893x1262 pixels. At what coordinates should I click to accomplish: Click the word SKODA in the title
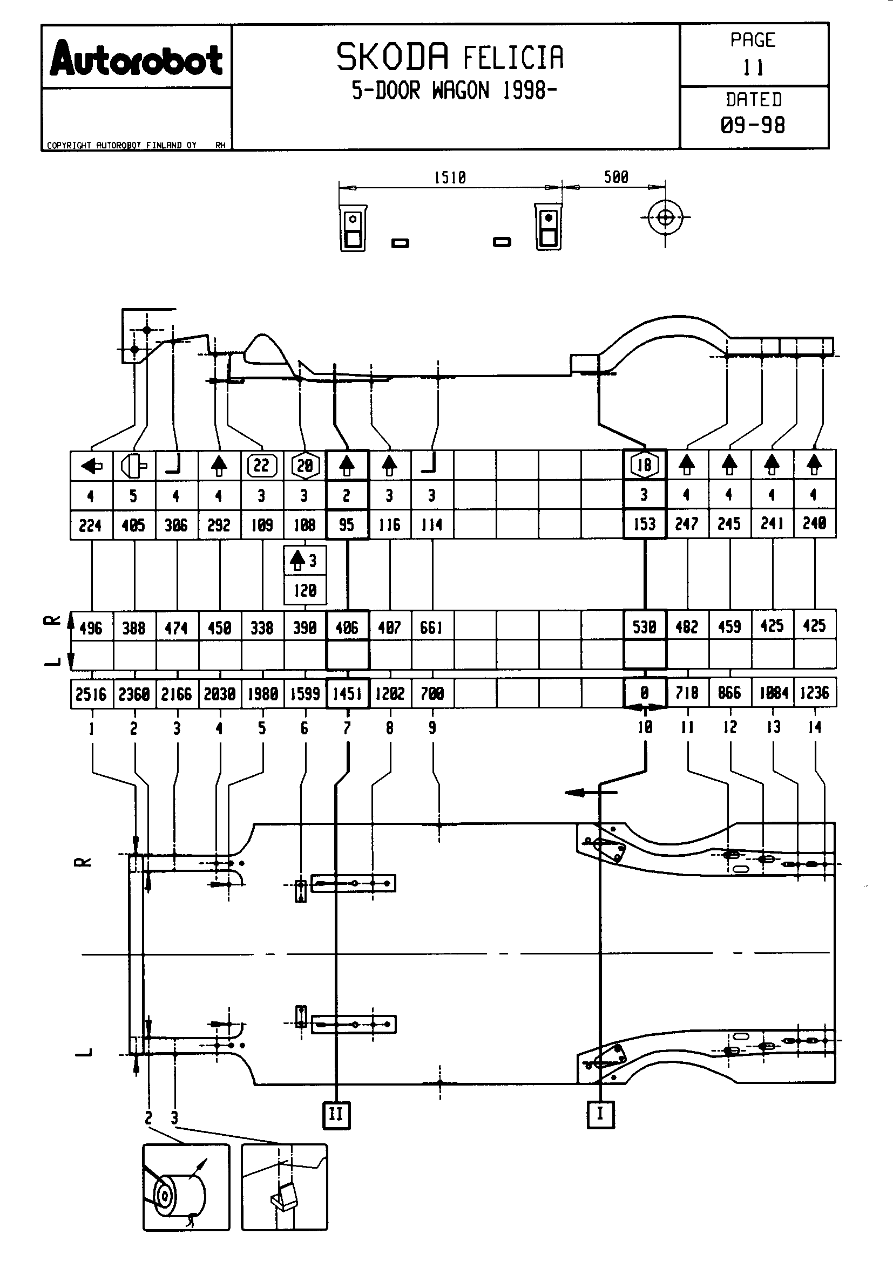click(393, 57)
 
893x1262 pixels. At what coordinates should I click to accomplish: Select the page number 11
click(753, 68)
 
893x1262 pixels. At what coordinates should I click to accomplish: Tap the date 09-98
click(753, 125)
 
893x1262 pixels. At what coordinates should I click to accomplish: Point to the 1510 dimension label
click(450, 178)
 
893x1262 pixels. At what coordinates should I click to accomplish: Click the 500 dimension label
click(616, 177)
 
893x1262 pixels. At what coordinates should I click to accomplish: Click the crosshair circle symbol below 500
click(665, 217)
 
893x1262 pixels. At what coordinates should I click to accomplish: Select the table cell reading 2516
click(91, 694)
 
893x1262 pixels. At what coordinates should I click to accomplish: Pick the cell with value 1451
click(347, 694)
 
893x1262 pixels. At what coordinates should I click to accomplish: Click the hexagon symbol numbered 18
click(645, 466)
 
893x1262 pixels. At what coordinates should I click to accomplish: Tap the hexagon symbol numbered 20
click(305, 466)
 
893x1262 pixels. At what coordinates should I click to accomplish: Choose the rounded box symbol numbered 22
click(262, 466)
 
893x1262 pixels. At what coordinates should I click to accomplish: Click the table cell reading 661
click(432, 627)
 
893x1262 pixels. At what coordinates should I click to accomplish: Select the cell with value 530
click(645, 626)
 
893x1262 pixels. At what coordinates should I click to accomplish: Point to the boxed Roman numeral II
click(336, 1115)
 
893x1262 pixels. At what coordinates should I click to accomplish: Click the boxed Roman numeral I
click(600, 1114)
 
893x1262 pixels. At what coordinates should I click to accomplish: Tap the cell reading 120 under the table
click(305, 591)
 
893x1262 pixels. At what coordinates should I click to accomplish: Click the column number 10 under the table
click(645, 727)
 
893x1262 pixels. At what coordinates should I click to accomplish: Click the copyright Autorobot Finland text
click(121, 145)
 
